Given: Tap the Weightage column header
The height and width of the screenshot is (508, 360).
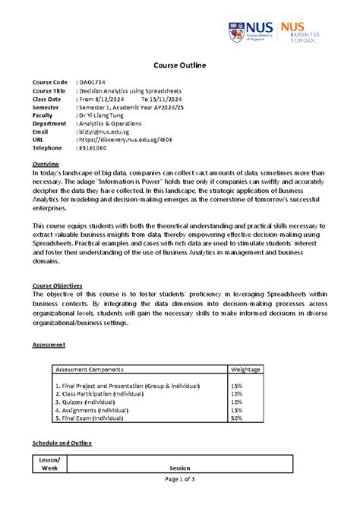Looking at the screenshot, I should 246,370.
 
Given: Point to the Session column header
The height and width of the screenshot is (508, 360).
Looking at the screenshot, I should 180,468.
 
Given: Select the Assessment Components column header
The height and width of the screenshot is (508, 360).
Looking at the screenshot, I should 89,370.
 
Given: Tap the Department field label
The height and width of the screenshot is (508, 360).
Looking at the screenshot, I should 49,121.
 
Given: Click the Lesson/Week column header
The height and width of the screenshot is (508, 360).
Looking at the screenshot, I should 49,463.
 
